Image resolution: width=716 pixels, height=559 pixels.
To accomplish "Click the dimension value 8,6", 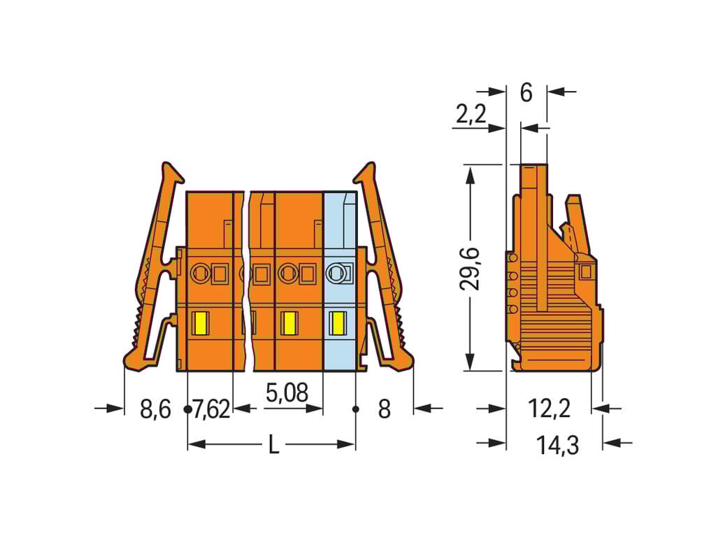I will (x=155, y=409).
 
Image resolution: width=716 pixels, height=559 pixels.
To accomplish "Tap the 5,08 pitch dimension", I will (x=287, y=393).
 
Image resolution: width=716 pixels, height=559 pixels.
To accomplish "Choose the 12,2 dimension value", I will (x=549, y=409).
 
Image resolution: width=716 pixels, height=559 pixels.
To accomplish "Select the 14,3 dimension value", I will (x=558, y=445).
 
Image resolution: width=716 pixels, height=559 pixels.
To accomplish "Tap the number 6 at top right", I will (x=527, y=92).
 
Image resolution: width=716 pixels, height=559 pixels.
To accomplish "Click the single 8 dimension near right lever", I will (x=384, y=409).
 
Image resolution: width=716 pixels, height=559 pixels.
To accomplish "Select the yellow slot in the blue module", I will (x=338, y=324).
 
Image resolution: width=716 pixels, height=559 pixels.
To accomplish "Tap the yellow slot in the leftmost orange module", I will (x=200, y=324).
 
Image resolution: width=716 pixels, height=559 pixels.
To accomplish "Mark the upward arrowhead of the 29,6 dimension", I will (x=471, y=171).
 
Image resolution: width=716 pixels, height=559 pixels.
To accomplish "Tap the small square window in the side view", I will (x=586, y=271).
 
